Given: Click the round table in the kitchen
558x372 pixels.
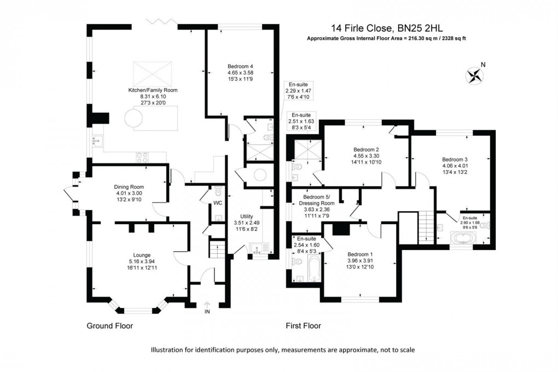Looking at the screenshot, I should pos(133,117).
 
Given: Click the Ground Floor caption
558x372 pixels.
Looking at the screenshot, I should pos(110,326).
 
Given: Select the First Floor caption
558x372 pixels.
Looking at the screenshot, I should pos(303,326).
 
